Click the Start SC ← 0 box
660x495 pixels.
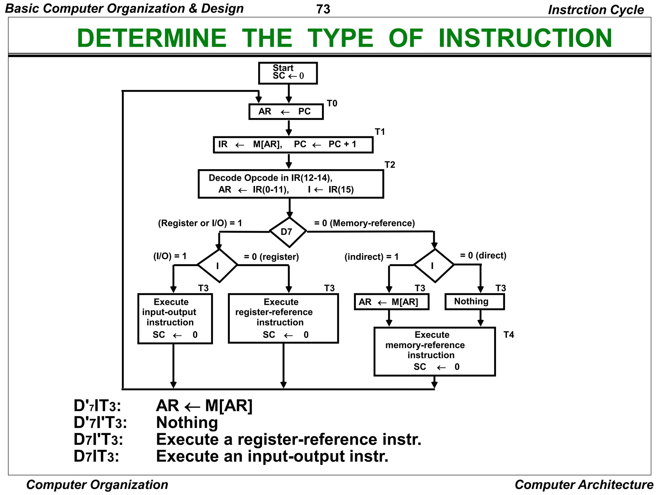pyautogui.click(x=288, y=73)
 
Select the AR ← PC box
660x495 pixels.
pyautogui.click(x=286, y=112)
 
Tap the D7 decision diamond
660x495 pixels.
pyautogui.click(x=288, y=232)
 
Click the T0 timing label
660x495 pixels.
pyautogui.click(x=332, y=103)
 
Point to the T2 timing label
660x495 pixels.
pyautogui.click(x=390, y=165)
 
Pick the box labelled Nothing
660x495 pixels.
pyautogui.click(x=474, y=302)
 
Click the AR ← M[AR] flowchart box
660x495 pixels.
pyautogui.click(x=391, y=302)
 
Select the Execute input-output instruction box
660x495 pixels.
pyautogui.click(x=175, y=318)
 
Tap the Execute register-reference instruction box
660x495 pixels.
pyautogui.click(x=283, y=318)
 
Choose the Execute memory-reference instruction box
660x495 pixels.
pyautogui.click(x=434, y=351)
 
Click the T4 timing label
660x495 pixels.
pyautogui.click(x=509, y=335)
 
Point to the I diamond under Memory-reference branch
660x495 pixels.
pyautogui.click(x=434, y=266)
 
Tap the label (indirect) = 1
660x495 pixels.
pyautogui.click(x=371, y=257)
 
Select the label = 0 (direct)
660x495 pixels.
pyautogui.click(x=483, y=256)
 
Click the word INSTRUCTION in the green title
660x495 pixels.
pyautogui.click(x=525, y=38)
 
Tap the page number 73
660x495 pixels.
pyautogui.click(x=323, y=9)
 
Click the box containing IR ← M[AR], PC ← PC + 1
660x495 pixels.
pyautogui.click(x=293, y=144)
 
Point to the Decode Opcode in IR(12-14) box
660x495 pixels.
pyautogui.click(x=290, y=184)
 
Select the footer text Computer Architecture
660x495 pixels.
pyautogui.click(x=584, y=485)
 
